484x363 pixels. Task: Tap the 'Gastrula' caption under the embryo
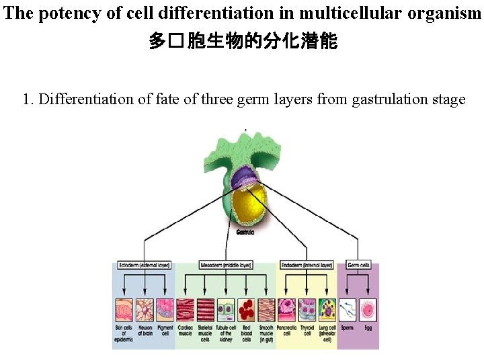click(x=245, y=232)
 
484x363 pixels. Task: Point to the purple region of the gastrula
click(x=243, y=179)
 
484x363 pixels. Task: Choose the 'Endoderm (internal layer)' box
click(x=307, y=266)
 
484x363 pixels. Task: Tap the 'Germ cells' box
click(x=358, y=266)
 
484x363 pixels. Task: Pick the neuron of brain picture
click(x=145, y=309)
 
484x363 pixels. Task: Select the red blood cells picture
click(x=246, y=309)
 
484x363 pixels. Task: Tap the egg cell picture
click(x=368, y=309)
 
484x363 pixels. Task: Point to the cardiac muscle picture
click(x=185, y=309)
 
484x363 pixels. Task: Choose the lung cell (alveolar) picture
click(x=327, y=309)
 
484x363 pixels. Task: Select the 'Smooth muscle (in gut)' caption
click(x=267, y=333)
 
